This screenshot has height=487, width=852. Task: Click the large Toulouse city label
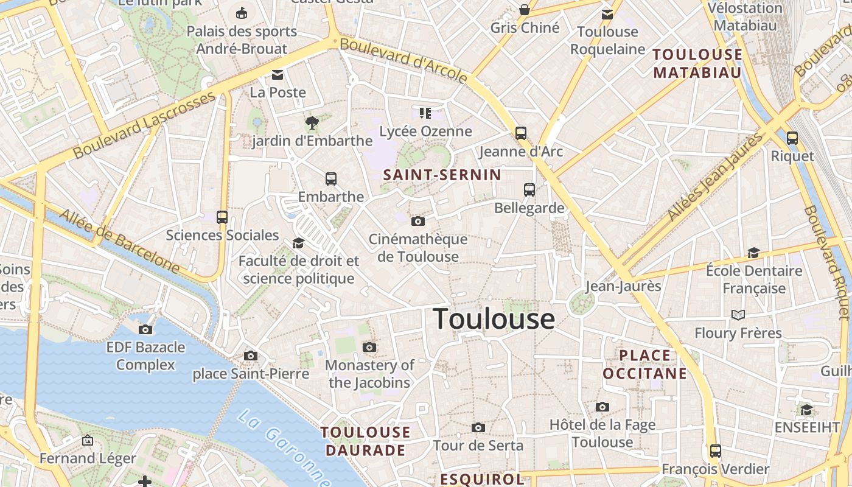pyautogui.click(x=494, y=319)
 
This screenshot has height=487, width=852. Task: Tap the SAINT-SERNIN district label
pyautogui.click(x=442, y=175)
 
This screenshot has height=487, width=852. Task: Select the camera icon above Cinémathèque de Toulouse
pyautogui.click(x=417, y=221)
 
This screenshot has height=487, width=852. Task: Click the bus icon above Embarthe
pyautogui.click(x=331, y=179)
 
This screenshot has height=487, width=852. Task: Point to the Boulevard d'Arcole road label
pyautogui.click(x=403, y=60)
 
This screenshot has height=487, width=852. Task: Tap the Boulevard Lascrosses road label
pyautogui.click(x=145, y=125)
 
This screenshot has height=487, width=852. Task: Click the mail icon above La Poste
pyautogui.click(x=278, y=75)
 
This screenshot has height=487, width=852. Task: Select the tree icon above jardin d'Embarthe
pyautogui.click(x=312, y=123)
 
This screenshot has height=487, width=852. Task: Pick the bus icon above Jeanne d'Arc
pyautogui.click(x=521, y=133)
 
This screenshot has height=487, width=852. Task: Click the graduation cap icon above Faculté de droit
pyautogui.click(x=298, y=243)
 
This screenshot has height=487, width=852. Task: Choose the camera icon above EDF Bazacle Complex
pyautogui.click(x=145, y=329)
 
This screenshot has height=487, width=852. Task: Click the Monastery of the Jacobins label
pyautogui.click(x=369, y=374)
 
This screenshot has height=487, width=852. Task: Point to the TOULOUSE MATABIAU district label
pyautogui.click(x=697, y=63)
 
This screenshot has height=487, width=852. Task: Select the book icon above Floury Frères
pyautogui.click(x=738, y=315)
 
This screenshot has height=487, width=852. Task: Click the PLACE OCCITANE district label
pyautogui.click(x=645, y=364)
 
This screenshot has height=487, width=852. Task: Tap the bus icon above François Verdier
pyautogui.click(x=716, y=451)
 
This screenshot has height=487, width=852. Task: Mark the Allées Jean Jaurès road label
pyautogui.click(x=715, y=177)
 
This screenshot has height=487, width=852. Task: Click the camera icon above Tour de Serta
pyautogui.click(x=478, y=427)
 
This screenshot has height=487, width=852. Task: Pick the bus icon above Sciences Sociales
pyautogui.click(x=222, y=217)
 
